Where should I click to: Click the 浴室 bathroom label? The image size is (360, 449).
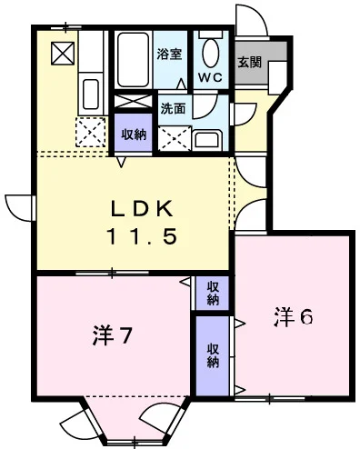[x=169, y=54]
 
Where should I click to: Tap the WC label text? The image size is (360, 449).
[x=211, y=77]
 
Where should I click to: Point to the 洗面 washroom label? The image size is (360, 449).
[x=173, y=109]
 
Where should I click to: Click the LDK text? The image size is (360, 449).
[x=142, y=208]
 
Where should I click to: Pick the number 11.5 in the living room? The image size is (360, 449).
[x=141, y=236]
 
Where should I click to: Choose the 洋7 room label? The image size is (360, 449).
[x=112, y=336]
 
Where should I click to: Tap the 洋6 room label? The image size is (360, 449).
[x=293, y=317]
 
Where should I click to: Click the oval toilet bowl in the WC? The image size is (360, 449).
[x=211, y=54]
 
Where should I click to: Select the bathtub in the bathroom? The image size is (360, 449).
[x=133, y=60]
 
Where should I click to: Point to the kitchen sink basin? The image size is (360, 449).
[x=91, y=94]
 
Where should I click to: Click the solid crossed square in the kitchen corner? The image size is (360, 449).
[x=63, y=54]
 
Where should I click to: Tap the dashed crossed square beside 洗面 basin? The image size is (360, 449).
[x=175, y=138]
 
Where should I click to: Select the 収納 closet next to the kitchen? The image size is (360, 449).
[x=134, y=133]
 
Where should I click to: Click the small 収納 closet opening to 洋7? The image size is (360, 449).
[x=213, y=293]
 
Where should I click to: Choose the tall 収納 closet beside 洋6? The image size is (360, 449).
[x=213, y=355]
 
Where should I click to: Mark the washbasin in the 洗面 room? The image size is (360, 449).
[x=208, y=141]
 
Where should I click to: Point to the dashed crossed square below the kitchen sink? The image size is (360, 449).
[x=91, y=133]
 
